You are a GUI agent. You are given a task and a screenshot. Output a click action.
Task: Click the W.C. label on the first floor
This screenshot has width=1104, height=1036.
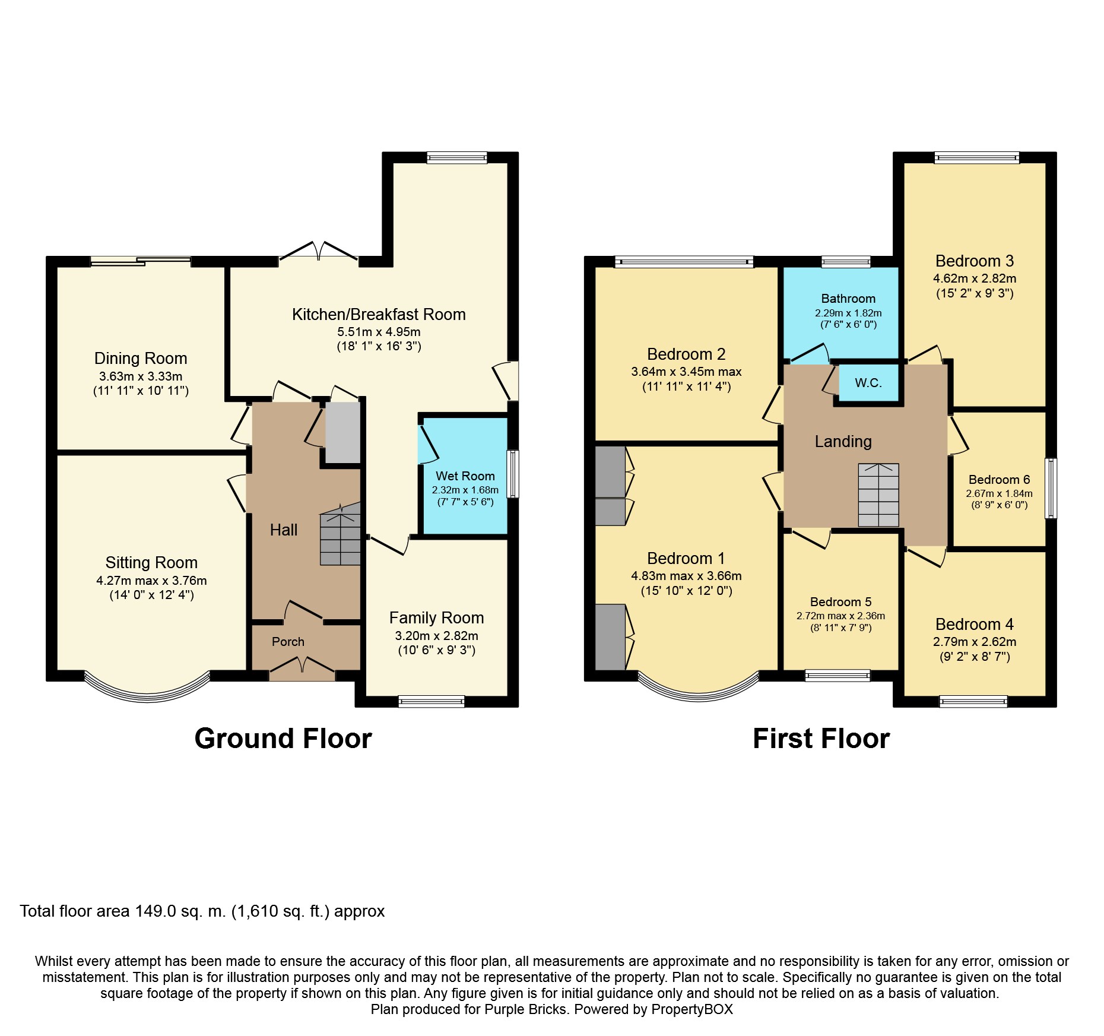pos(868,383)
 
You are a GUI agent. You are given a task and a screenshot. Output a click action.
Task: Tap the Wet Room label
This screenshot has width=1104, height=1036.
pos(465,476)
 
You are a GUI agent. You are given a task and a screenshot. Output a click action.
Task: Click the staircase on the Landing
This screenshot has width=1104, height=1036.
pos(878,495)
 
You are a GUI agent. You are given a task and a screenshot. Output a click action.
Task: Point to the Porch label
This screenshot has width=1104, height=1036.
pos(288,642)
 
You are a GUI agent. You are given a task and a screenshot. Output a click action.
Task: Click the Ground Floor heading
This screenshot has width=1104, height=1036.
pos(283,739)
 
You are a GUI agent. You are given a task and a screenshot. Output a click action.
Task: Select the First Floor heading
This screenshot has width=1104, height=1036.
pos(821,739)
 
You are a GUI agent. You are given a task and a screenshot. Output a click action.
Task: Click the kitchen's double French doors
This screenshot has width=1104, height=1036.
pos(319,252)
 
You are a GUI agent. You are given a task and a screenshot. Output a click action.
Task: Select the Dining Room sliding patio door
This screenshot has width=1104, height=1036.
pos(141,260)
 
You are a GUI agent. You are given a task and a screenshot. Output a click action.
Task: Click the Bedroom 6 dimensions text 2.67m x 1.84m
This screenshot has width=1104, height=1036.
pos(999,493)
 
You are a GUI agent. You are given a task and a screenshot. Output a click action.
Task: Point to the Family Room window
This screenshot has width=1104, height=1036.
pos(431,702)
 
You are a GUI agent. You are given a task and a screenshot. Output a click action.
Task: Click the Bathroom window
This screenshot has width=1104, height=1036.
pos(846,261)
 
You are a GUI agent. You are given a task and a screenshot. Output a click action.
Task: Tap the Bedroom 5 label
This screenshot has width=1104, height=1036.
pos(840,602)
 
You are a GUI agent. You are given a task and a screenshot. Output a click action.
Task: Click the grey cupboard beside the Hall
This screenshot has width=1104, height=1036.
pos(342,432)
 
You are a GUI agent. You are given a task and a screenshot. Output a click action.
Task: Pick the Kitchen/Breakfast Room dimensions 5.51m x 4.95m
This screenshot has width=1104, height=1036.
pos(379,332)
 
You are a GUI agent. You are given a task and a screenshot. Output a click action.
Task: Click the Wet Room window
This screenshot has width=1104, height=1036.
pos(513,474)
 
